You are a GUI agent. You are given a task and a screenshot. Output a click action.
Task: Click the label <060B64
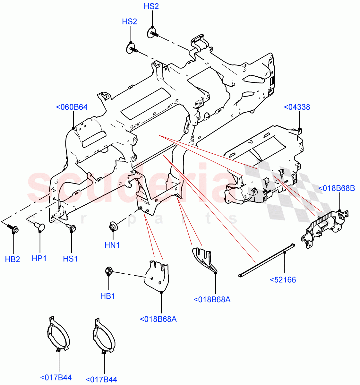tap(72, 107)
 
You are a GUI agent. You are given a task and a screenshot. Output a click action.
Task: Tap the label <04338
tap(297, 107)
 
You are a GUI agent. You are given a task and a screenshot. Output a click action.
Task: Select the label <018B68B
tap(336, 188)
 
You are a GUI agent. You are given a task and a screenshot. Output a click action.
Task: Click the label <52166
tap(283, 280)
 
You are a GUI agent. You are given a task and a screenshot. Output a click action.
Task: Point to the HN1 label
tap(112, 245)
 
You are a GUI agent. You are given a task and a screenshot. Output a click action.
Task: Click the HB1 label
tap(108, 296)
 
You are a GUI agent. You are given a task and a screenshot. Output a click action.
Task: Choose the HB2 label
tap(13, 259)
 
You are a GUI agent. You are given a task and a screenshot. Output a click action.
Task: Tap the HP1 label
tap(39, 258)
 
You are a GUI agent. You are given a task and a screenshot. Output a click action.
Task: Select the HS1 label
tap(70, 259)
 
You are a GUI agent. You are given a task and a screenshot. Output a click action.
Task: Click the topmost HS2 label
tap(151, 6)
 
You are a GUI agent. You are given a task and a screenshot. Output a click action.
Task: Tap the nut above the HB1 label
tap(108, 271)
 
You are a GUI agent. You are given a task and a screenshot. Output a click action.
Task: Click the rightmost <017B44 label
tap(101, 380)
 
